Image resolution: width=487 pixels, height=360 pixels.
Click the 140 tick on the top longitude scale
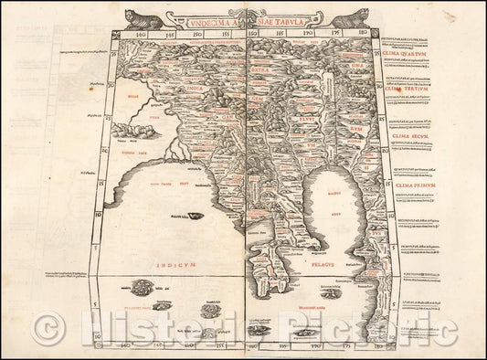pos(116,36)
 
